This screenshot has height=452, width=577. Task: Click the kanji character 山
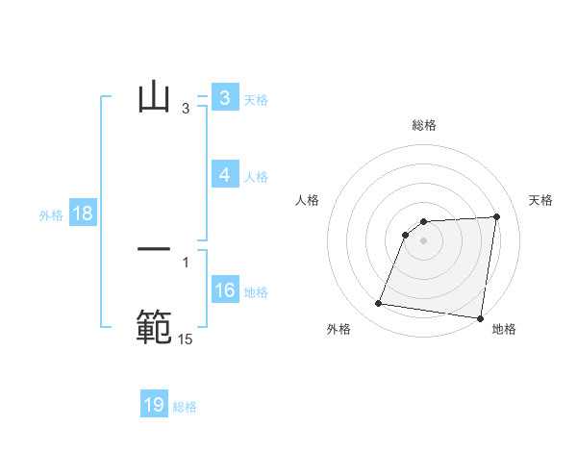pyautogui.click(x=154, y=98)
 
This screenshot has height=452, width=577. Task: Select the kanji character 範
pyautogui.click(x=154, y=326)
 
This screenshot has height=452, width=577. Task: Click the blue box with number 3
pyautogui.click(x=224, y=98)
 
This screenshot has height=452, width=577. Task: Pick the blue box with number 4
pyautogui.click(x=224, y=175)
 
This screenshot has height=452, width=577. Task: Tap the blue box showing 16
pyautogui.click(x=224, y=290)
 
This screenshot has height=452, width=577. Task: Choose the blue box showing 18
pyautogui.click(x=82, y=213)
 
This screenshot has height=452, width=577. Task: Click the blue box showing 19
pyautogui.click(x=154, y=405)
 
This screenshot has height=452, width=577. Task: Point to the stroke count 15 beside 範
pyautogui.click(x=185, y=339)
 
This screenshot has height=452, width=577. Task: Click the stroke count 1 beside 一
pyautogui.click(x=186, y=262)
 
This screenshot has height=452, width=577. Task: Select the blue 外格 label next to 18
pyautogui.click(x=51, y=215)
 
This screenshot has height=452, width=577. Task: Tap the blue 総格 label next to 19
pyautogui.click(x=185, y=407)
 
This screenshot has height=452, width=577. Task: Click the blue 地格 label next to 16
pyautogui.click(x=256, y=292)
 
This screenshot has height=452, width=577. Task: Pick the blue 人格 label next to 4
pyautogui.click(x=256, y=177)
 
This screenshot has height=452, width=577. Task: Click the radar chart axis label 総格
pyautogui.click(x=423, y=125)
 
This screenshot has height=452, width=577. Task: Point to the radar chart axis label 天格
pyautogui.click(x=541, y=200)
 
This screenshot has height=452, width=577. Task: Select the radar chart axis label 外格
pyautogui.click(x=338, y=330)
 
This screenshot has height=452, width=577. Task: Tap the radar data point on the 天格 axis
pyautogui.click(x=496, y=216)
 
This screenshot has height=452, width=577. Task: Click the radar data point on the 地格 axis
pyautogui.click(x=479, y=317)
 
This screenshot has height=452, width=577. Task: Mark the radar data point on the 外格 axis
pyautogui.click(x=379, y=304)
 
